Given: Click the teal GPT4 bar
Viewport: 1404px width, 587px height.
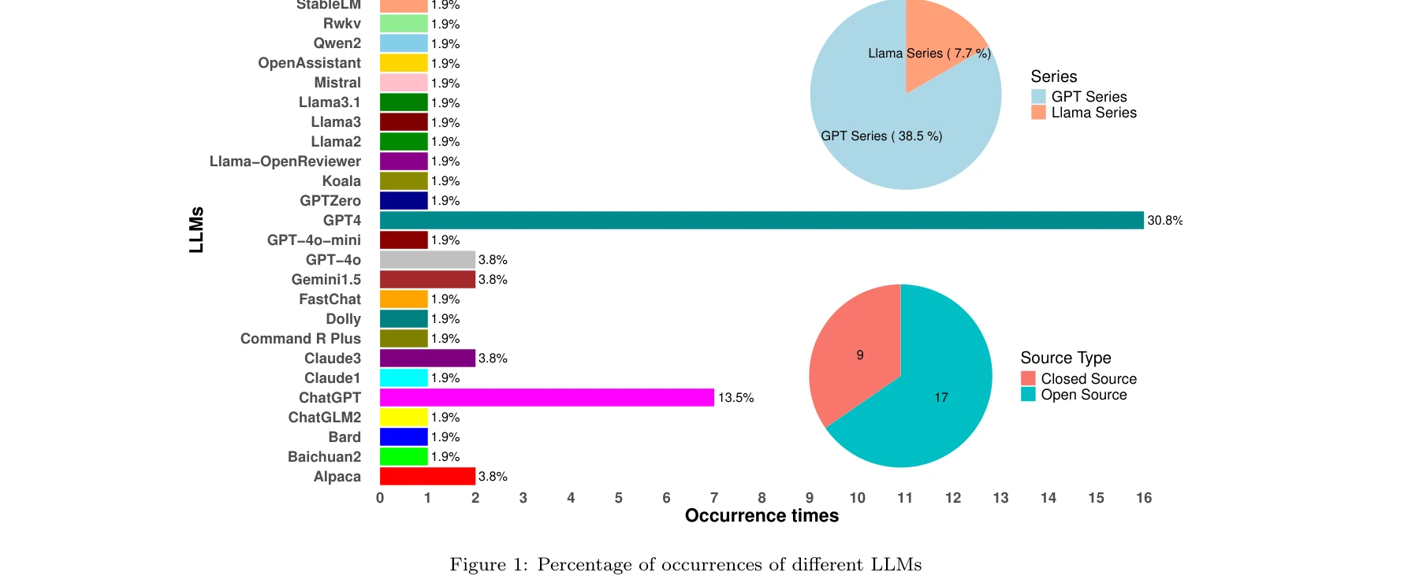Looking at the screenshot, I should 761,221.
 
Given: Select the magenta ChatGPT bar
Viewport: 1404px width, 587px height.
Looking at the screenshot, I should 546,398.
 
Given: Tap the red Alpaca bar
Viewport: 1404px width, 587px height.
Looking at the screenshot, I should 427,477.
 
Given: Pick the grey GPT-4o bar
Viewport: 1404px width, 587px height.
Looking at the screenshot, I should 427,260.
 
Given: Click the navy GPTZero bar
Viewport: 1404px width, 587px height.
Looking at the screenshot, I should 404,201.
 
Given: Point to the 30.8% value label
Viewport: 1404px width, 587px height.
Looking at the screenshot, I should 1164,221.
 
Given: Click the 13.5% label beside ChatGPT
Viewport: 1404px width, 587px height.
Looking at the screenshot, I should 736,398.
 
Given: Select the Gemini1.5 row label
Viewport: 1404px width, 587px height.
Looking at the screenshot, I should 326,280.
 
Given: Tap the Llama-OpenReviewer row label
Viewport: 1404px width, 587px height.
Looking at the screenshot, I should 285,162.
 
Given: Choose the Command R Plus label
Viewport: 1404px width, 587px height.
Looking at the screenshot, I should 300,339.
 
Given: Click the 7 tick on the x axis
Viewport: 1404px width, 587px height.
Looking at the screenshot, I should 714,498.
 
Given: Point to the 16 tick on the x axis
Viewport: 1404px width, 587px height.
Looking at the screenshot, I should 1144,498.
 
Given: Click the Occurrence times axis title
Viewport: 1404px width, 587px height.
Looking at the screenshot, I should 762,516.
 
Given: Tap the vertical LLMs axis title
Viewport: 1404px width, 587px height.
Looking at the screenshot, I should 196,229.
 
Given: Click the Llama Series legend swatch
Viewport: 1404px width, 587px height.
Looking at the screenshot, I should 1038,113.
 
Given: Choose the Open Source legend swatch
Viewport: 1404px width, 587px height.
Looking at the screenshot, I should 1028,395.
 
